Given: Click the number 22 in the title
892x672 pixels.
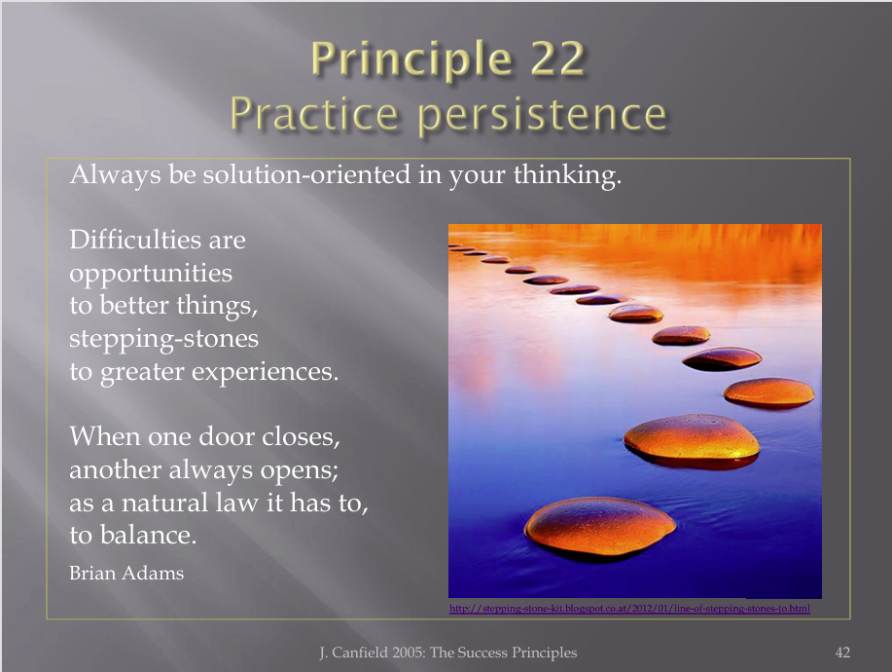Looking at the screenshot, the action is pyautogui.click(x=558, y=58).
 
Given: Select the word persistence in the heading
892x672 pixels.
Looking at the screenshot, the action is pyautogui.click(x=542, y=115).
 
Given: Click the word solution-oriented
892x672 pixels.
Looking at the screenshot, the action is pyautogui.click(x=306, y=173).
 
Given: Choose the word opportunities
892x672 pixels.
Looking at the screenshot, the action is pyautogui.click(x=151, y=275).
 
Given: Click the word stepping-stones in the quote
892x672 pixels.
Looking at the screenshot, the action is pyautogui.click(x=163, y=340).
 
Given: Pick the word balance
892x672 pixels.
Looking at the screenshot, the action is pyautogui.click(x=148, y=536).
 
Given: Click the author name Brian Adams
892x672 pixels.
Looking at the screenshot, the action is pyautogui.click(x=126, y=573).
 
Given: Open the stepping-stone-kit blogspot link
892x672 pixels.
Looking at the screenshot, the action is pyautogui.click(x=629, y=609).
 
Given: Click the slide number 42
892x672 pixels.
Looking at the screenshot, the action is pyautogui.click(x=842, y=653).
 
